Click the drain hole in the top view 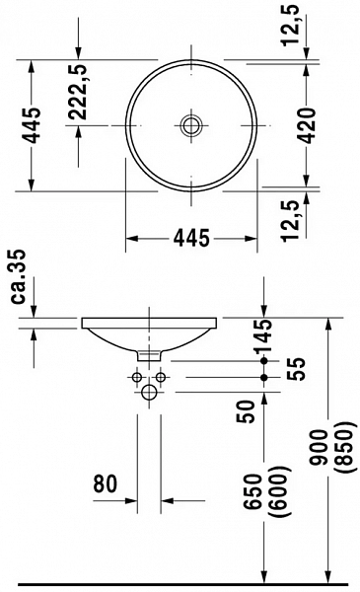pyautogui.click(x=189, y=125)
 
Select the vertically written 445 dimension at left pyautogui.click(x=32, y=124)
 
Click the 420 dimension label pyautogui.click(x=307, y=125)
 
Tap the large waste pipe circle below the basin pyautogui.click(x=149, y=393)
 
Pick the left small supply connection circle pyautogui.click(x=136, y=377)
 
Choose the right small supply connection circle pyautogui.click(x=161, y=377)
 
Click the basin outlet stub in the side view pyautogui.click(x=150, y=352)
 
